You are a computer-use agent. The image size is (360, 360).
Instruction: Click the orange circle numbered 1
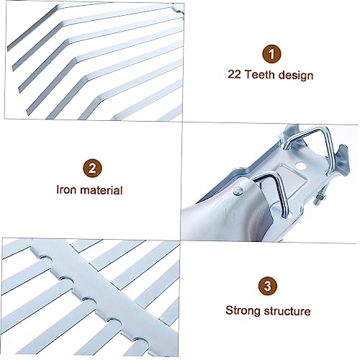271,53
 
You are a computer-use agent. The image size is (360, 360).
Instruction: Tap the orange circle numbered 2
91,169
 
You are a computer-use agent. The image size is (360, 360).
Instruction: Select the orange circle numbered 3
267,286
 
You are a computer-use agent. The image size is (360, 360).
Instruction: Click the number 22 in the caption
235,74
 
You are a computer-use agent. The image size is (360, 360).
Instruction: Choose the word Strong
243,311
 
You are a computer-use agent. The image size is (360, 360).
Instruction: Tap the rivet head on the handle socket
237,190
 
